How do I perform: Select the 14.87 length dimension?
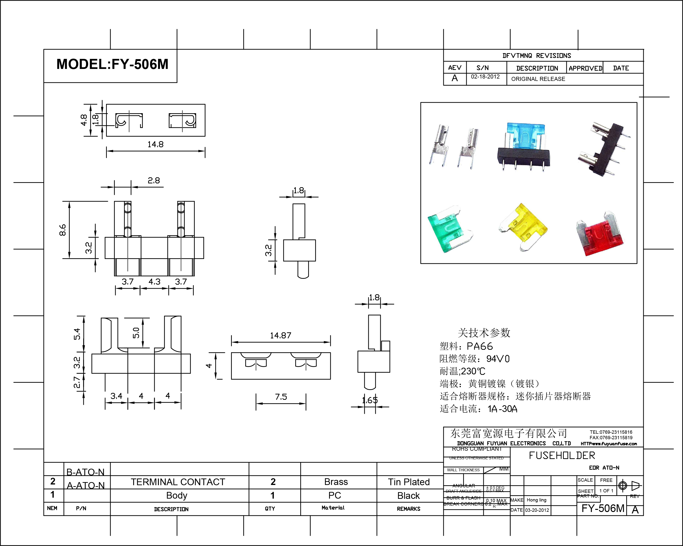[280, 335]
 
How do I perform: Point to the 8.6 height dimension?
[63, 230]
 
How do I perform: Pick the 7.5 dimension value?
[281, 397]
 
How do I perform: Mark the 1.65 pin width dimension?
[370, 400]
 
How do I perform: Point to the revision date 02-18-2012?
[485, 77]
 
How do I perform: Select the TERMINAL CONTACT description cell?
[178, 482]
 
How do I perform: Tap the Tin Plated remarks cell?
[409, 482]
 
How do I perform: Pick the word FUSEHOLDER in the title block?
[562, 456]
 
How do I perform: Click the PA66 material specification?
[480, 346]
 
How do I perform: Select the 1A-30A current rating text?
[502, 409]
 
